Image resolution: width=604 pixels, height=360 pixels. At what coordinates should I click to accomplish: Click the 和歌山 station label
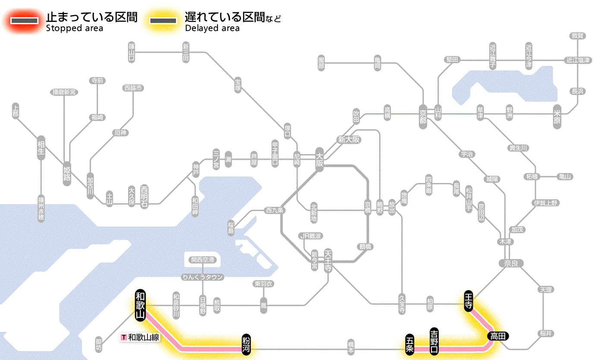point(140,306)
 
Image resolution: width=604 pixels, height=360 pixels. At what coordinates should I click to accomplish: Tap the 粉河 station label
point(246,344)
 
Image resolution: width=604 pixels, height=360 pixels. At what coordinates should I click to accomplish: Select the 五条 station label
point(409,344)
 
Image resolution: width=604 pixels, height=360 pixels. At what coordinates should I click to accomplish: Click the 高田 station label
point(498,336)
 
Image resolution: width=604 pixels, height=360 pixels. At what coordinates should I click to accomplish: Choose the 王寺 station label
point(469,301)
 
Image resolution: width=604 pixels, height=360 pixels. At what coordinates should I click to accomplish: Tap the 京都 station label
point(423,114)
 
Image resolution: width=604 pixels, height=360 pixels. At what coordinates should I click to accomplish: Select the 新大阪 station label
point(349,140)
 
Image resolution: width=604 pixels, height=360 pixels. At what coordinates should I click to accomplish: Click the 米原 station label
point(557,117)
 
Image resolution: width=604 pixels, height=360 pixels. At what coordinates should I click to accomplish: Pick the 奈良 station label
point(511,263)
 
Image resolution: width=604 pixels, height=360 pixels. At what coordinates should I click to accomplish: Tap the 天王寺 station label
point(328,261)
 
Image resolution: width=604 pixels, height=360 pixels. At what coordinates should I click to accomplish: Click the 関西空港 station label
point(203,260)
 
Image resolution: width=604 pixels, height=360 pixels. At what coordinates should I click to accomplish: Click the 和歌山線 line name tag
point(141,337)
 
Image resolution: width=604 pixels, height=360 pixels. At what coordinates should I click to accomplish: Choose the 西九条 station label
point(275,211)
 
